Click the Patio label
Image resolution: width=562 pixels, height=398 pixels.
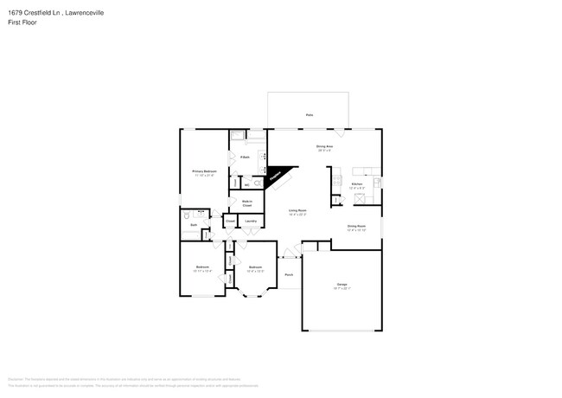point(309,114)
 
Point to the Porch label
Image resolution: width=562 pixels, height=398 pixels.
point(288,274)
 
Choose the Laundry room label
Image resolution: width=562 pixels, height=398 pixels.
point(250,221)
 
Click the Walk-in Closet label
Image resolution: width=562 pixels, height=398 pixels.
point(246,204)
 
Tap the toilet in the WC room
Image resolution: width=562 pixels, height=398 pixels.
point(234,184)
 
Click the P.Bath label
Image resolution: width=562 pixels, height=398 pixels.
point(246,157)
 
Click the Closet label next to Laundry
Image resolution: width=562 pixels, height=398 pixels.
point(230,221)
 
